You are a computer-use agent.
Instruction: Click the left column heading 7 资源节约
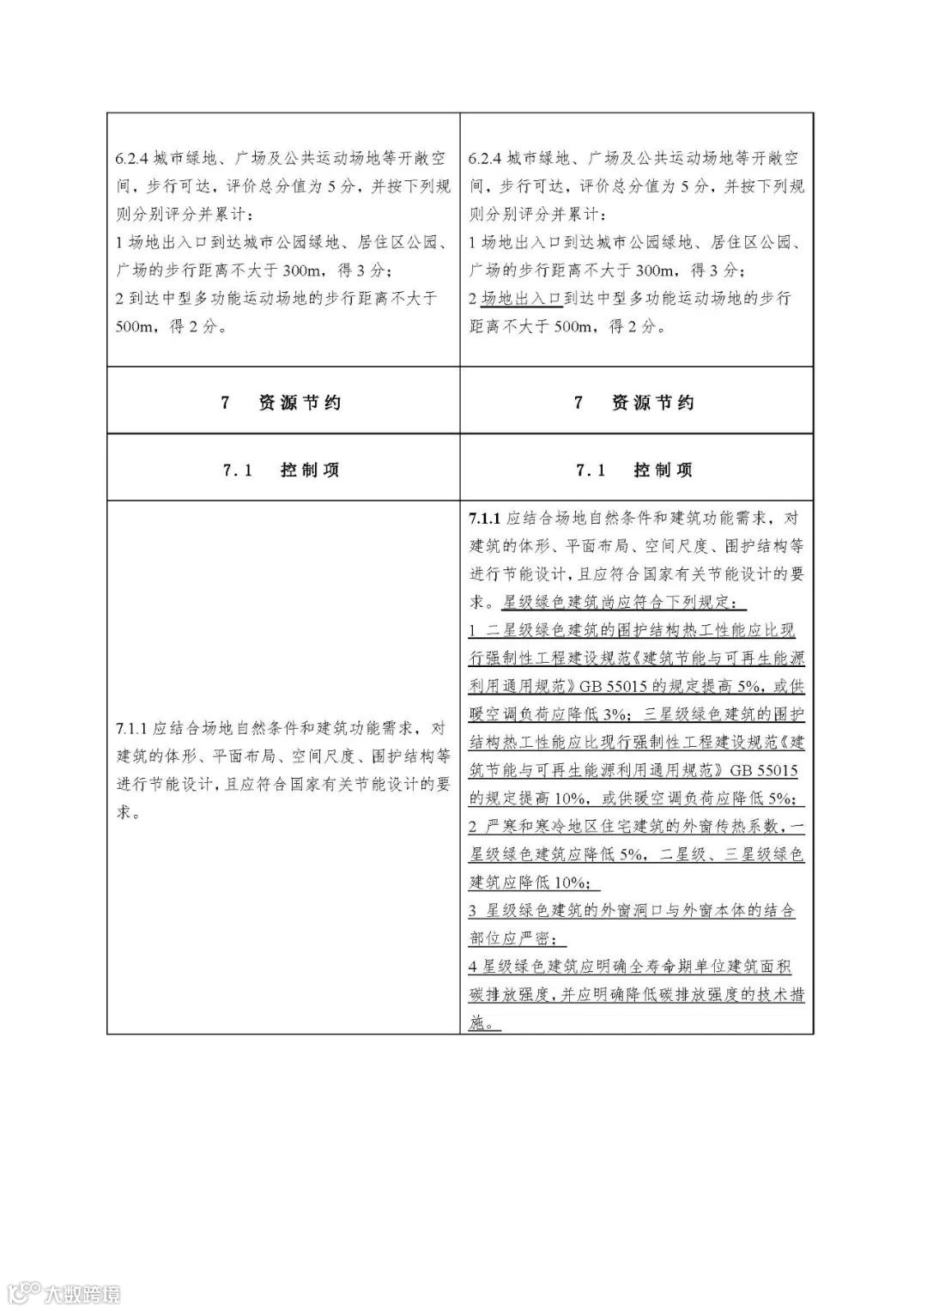click(x=283, y=403)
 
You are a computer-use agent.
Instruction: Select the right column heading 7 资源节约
click(x=636, y=403)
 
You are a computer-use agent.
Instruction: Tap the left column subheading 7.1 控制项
click(x=283, y=470)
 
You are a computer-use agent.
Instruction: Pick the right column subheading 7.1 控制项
click(x=636, y=470)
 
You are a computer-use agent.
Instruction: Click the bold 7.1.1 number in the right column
click(x=486, y=519)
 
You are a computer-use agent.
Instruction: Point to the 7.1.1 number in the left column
click(x=132, y=730)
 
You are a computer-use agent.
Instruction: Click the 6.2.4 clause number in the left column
click(x=132, y=159)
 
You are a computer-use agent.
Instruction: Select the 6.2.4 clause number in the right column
click(x=486, y=159)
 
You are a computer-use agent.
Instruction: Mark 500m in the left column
click(x=133, y=327)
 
